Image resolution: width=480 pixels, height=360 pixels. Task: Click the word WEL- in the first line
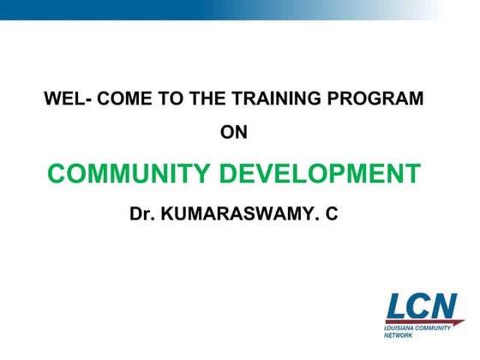(68, 99)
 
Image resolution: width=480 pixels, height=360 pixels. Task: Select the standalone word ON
(234, 132)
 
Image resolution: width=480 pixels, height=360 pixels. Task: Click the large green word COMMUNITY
(129, 174)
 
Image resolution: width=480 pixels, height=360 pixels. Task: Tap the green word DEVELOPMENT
(321, 174)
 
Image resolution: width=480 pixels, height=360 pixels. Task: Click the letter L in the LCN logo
(399, 305)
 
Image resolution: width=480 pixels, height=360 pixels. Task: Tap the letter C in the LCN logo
(423, 305)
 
